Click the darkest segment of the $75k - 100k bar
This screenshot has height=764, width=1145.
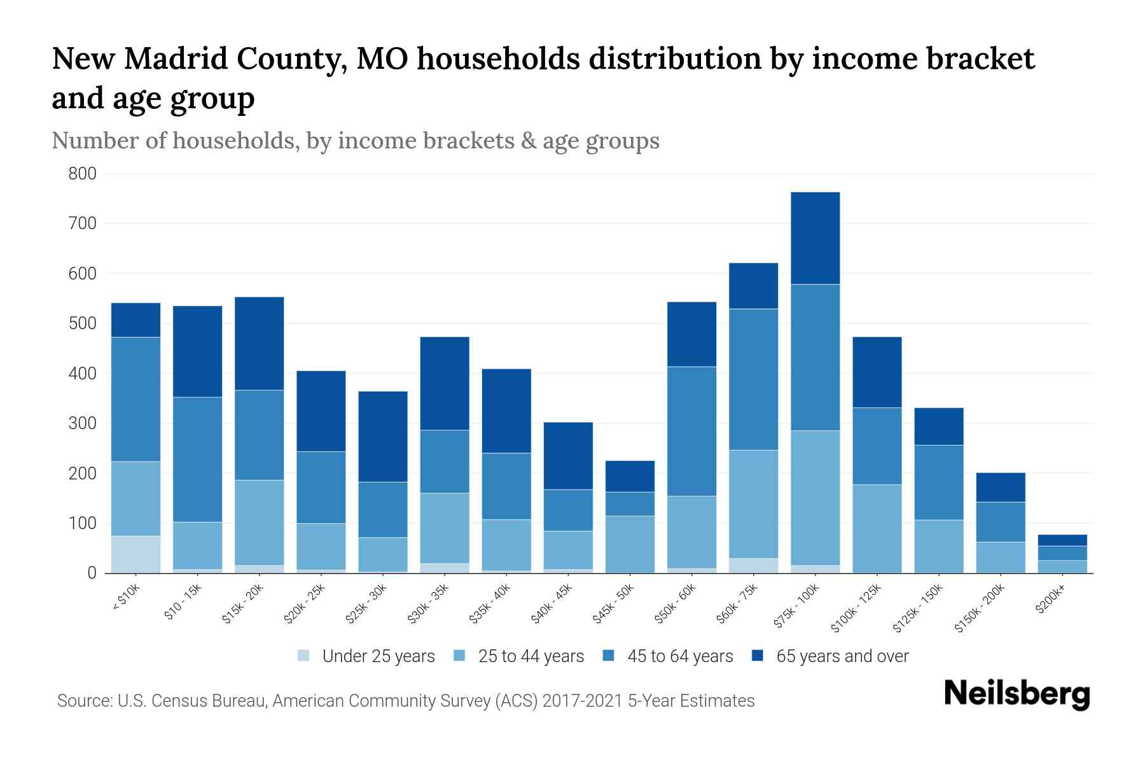click(815, 238)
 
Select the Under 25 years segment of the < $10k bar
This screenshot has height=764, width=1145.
click(135, 554)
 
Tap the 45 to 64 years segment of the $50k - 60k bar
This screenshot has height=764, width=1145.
click(691, 431)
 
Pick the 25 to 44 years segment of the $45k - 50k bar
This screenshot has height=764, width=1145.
click(630, 544)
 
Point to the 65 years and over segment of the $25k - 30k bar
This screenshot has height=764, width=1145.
click(383, 436)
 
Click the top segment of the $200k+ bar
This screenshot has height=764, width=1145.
click(1062, 540)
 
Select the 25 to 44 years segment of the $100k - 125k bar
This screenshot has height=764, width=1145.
click(877, 528)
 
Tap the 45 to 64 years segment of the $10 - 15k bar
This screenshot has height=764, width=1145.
click(197, 459)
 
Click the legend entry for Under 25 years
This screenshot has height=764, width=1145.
click(378, 656)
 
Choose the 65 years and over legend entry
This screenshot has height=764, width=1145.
click(842, 656)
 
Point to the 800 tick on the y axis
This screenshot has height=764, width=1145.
click(83, 174)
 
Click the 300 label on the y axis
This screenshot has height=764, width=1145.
click(83, 423)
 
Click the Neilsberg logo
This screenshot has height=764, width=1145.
click(1017, 694)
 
